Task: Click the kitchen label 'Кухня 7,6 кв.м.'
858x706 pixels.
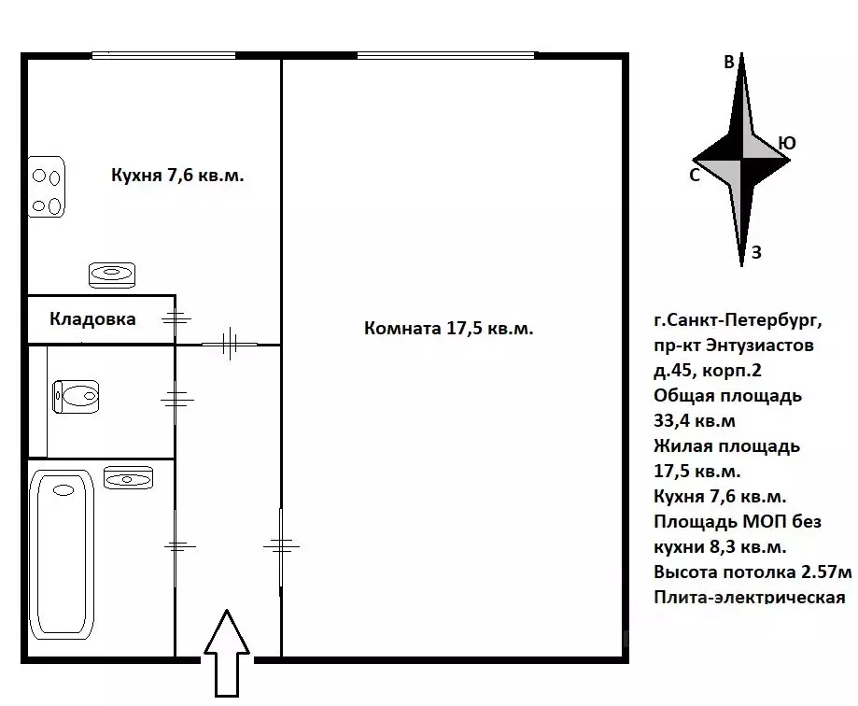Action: pyautogui.click(x=177, y=175)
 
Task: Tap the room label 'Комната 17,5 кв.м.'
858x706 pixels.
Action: pyautogui.click(x=448, y=328)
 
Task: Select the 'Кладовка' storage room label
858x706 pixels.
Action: pyautogui.click(x=92, y=319)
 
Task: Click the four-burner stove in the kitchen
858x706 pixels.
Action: pyautogui.click(x=46, y=187)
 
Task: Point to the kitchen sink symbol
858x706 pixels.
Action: pyautogui.click(x=112, y=274)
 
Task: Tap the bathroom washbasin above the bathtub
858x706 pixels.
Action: pyautogui.click(x=123, y=477)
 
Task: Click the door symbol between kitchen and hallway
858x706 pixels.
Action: pyautogui.click(x=229, y=344)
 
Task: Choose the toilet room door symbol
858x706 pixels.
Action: pyautogui.click(x=176, y=400)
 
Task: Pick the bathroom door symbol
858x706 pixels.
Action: pyautogui.click(x=176, y=546)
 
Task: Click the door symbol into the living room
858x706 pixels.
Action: pyautogui.click(x=281, y=544)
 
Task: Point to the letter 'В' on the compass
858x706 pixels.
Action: pyautogui.click(x=730, y=64)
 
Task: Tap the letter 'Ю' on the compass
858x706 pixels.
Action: pyautogui.click(x=787, y=143)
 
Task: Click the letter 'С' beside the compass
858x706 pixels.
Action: pyautogui.click(x=695, y=175)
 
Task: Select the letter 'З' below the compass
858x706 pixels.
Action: pyautogui.click(x=757, y=252)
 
